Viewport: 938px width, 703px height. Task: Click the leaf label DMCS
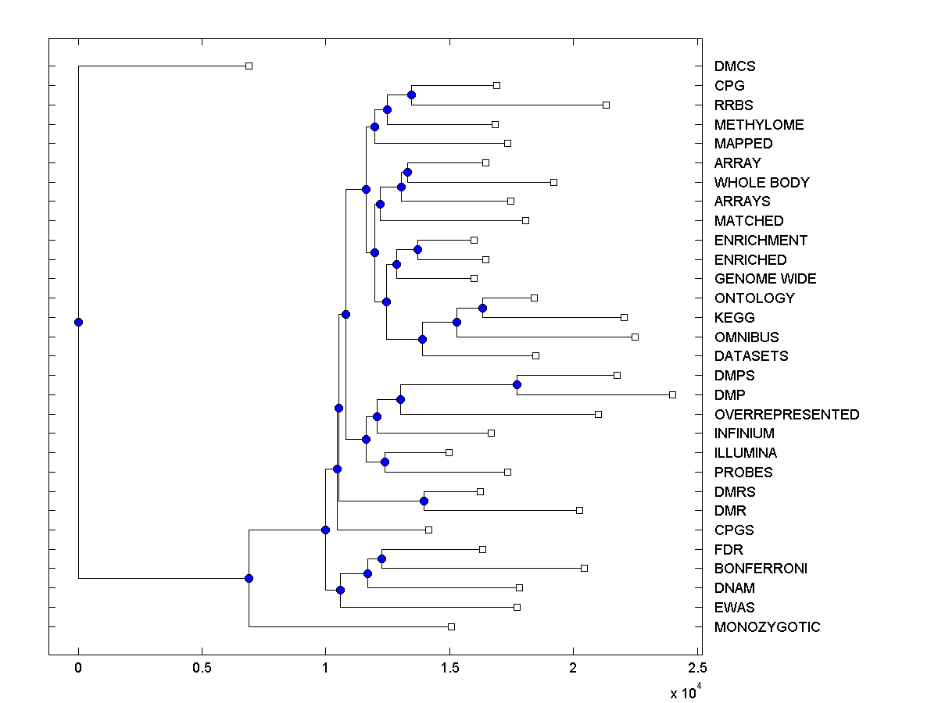(x=735, y=66)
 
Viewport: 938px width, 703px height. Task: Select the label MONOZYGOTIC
(x=767, y=627)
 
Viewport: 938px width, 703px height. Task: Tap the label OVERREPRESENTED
(x=786, y=415)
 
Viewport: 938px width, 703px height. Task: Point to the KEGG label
(x=734, y=318)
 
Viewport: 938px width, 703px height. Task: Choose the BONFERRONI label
(x=761, y=569)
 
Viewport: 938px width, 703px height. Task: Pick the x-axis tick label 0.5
(x=202, y=667)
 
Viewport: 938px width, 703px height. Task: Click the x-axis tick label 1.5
(x=449, y=667)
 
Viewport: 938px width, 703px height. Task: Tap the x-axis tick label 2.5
(x=697, y=667)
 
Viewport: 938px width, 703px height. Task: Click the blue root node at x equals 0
(x=78, y=322)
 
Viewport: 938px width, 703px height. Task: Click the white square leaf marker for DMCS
(x=249, y=66)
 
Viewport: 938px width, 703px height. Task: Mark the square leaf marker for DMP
(x=672, y=394)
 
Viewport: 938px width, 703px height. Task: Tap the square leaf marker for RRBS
(x=606, y=105)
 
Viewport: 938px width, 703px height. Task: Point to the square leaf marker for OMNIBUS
(x=635, y=337)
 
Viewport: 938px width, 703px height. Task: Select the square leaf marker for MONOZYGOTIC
(x=451, y=626)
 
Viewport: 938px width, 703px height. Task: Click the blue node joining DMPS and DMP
(x=517, y=384)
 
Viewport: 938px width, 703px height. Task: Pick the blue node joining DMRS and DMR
(x=424, y=501)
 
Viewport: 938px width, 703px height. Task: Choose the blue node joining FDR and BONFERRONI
(x=381, y=558)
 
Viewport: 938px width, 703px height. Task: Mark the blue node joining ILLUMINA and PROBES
(x=385, y=462)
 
